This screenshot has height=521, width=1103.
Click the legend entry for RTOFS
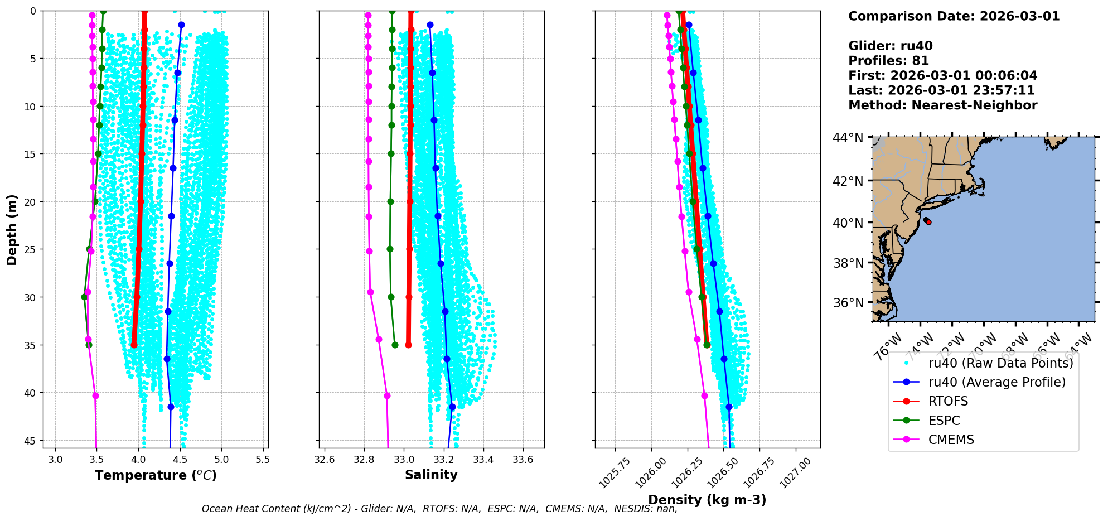(x=948, y=402)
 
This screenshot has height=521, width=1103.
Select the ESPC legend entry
(x=944, y=421)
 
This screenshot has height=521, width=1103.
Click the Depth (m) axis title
(x=12, y=229)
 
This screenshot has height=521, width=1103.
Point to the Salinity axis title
(x=431, y=475)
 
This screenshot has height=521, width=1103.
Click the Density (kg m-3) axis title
(x=707, y=500)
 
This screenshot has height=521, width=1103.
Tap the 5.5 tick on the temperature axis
(x=263, y=460)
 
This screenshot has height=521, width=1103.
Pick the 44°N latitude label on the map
(x=848, y=138)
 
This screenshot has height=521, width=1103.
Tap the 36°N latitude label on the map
(x=848, y=303)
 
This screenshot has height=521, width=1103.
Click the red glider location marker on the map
(x=928, y=222)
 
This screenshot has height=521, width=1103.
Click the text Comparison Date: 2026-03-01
(x=954, y=16)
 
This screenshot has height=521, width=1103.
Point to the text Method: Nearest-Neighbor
(x=942, y=105)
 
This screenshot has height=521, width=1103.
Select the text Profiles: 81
(x=888, y=61)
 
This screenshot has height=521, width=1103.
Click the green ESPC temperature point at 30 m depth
(x=84, y=297)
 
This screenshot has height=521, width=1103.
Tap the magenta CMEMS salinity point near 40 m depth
(x=387, y=395)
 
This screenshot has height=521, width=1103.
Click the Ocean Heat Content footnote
(x=439, y=509)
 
